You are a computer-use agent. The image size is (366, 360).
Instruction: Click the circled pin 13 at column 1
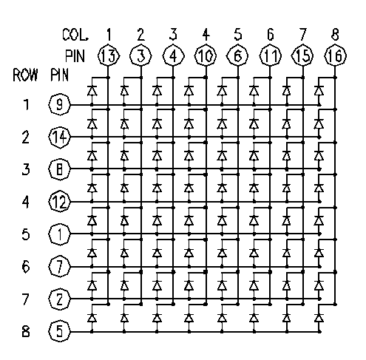tap(109, 55)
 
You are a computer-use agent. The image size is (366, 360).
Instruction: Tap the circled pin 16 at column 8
tap(335, 55)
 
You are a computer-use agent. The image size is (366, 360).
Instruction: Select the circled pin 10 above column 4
tap(206, 55)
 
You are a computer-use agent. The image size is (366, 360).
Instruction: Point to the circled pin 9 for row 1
tap(59, 104)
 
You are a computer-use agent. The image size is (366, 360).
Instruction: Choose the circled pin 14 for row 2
tap(59, 137)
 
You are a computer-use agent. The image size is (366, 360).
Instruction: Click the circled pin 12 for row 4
tap(59, 202)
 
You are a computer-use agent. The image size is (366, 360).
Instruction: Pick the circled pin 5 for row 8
tap(59, 331)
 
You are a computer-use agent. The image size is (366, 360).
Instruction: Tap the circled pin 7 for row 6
tap(59, 267)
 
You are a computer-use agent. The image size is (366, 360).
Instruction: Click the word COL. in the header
tap(75, 35)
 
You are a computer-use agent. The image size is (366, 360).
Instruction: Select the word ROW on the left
tap(25, 75)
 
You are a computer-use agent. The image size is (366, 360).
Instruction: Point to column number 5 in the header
tap(238, 34)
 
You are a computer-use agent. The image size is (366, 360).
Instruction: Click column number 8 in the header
tap(335, 34)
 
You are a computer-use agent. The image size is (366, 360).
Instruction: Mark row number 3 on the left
tap(26, 169)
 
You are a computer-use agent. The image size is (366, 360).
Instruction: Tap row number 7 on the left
tap(26, 299)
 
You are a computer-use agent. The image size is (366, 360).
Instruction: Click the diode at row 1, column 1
tap(92, 91)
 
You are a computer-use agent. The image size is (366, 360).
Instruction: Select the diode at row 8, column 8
tap(319, 318)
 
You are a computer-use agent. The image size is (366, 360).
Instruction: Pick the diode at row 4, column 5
tap(222, 189)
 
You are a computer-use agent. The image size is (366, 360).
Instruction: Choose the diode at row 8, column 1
tap(92, 318)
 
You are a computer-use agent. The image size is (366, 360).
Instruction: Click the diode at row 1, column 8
tap(319, 91)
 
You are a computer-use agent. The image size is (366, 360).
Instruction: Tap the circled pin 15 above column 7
tap(303, 55)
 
